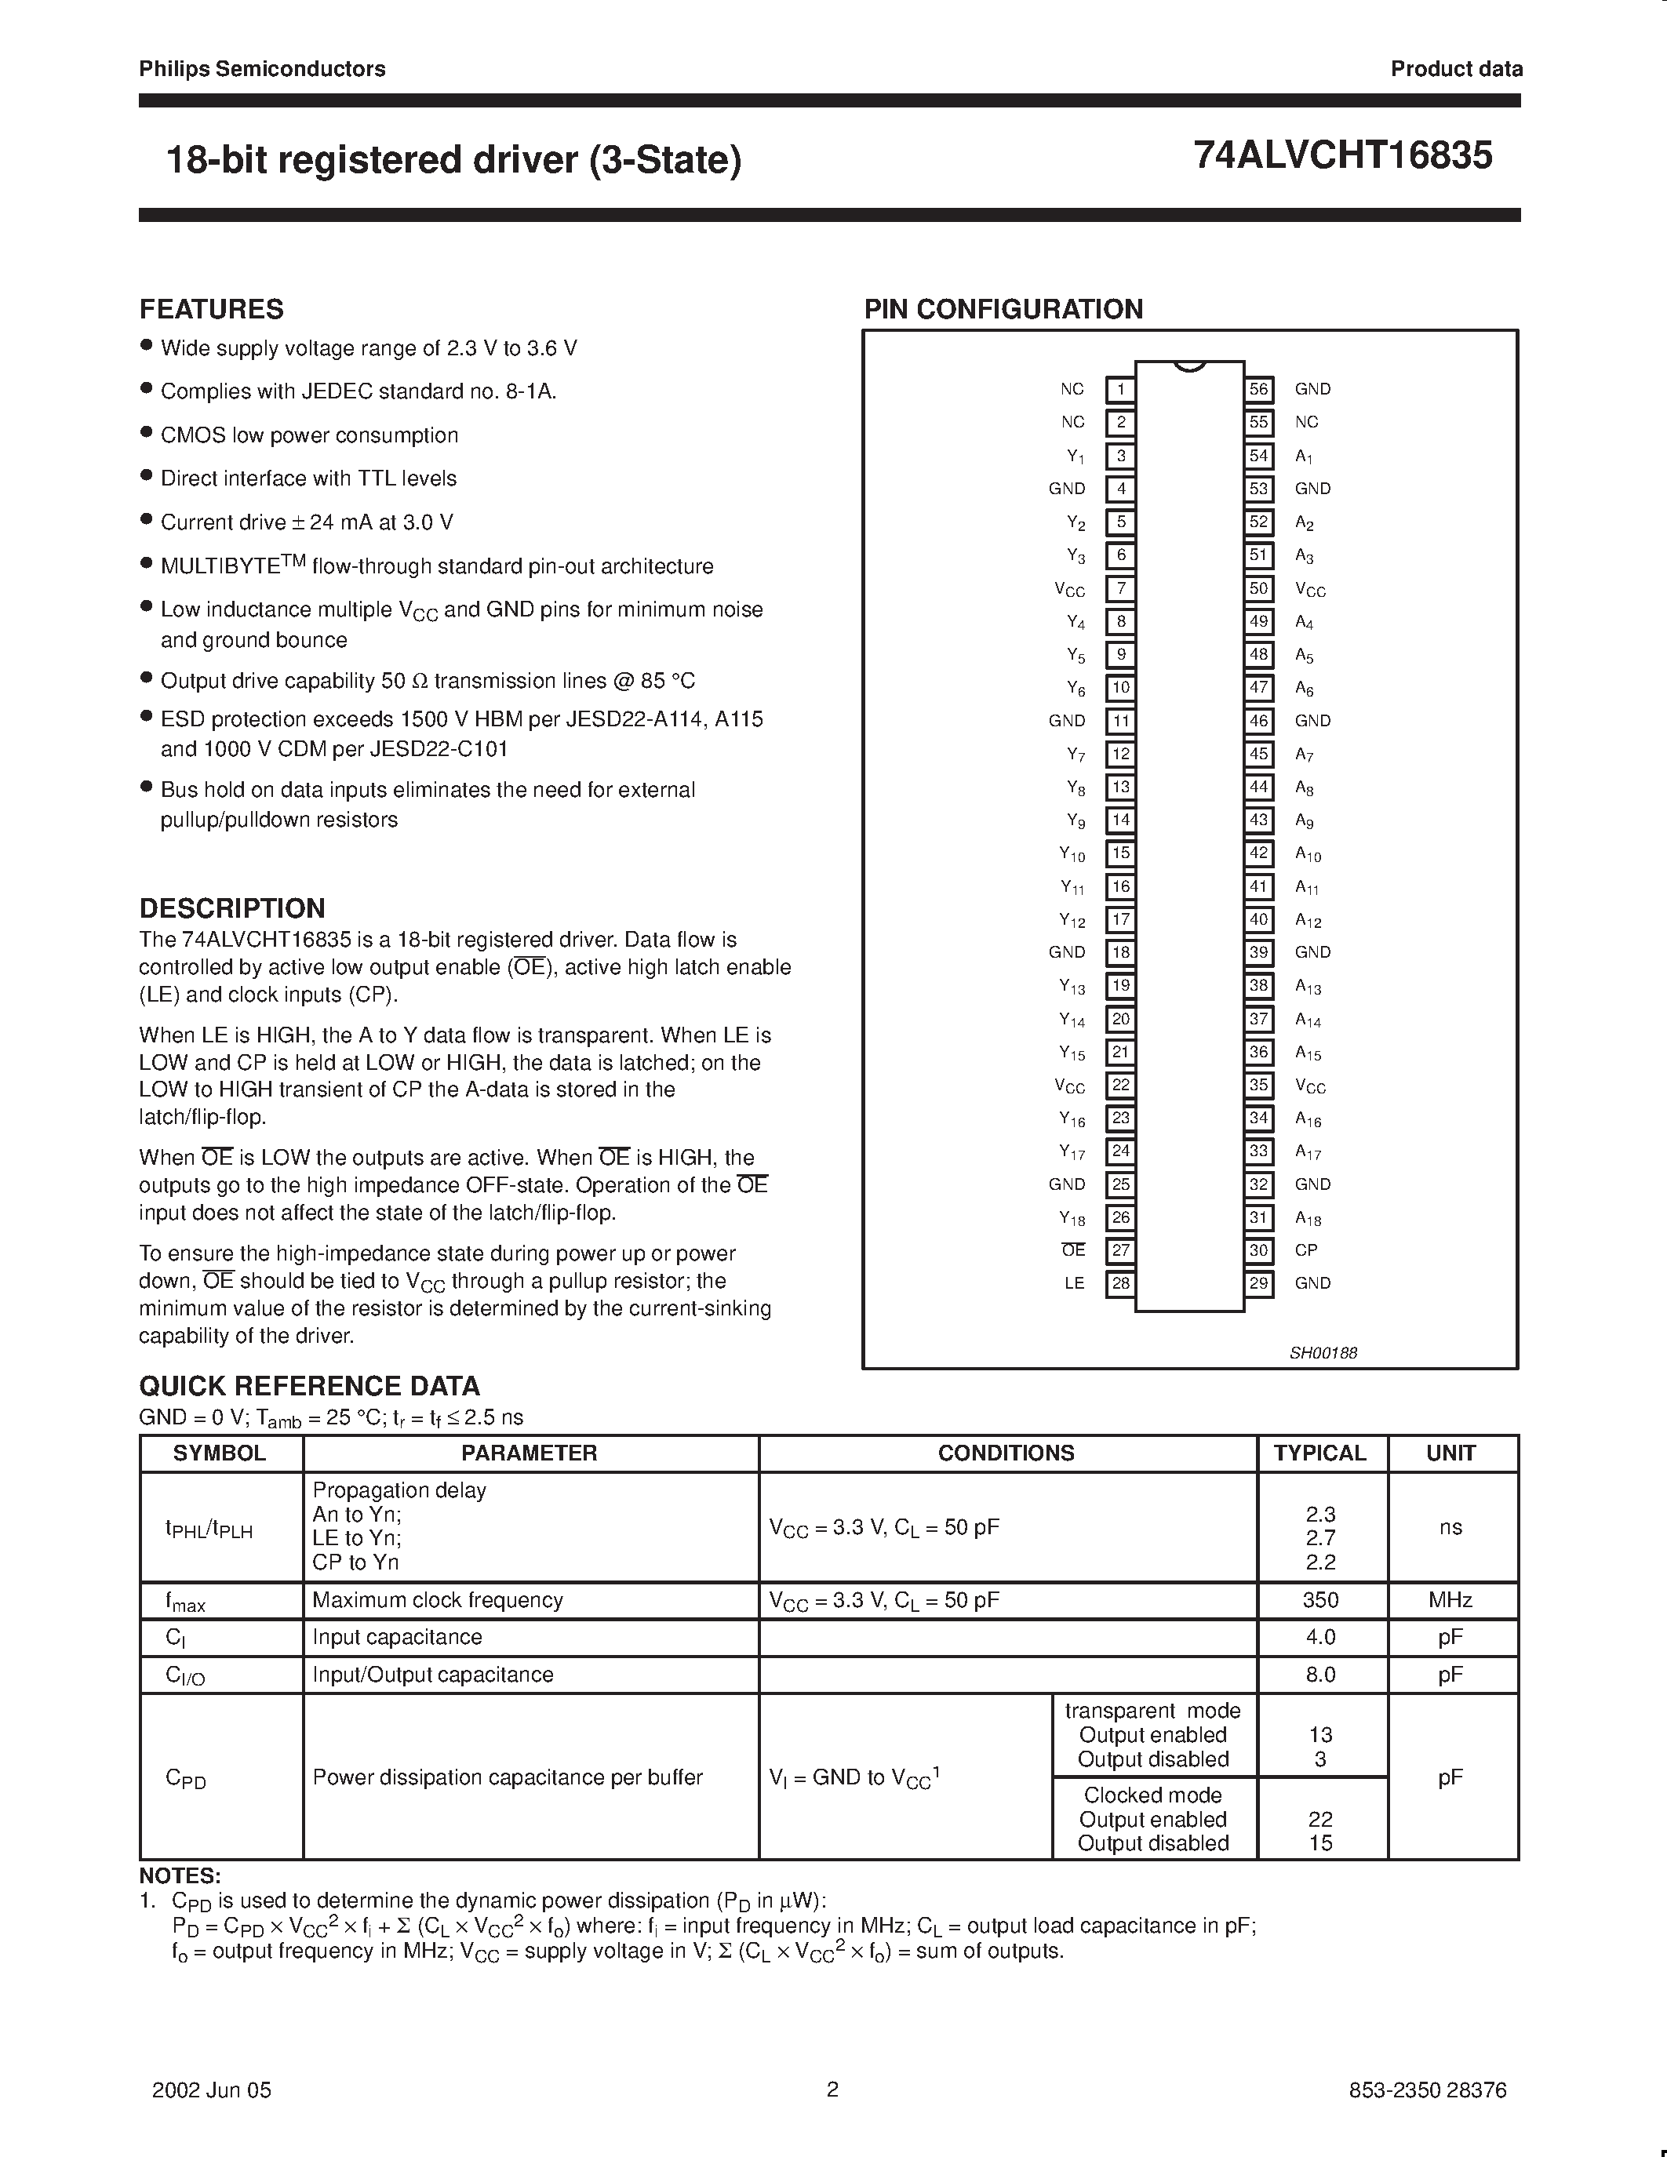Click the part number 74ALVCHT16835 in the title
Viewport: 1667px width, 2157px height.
[x=1342, y=156]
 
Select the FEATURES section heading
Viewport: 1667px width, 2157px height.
[x=211, y=309]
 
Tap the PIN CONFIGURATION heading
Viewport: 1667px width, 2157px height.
[x=1003, y=309]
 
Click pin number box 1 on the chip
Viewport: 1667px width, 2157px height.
[x=1120, y=389]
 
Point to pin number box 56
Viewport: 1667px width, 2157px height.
[x=1258, y=389]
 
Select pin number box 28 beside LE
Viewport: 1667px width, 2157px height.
[x=1120, y=1283]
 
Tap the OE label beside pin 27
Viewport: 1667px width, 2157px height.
[x=1073, y=1250]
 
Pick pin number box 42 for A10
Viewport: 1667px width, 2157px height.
[x=1258, y=853]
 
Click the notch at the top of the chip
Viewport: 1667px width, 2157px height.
[x=1189, y=366]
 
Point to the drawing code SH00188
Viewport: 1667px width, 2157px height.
[x=1323, y=1353]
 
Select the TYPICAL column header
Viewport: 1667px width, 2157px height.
[x=1320, y=1453]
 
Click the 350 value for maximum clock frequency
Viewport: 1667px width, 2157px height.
[x=1320, y=1600]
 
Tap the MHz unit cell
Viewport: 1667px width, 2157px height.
[x=1450, y=1600]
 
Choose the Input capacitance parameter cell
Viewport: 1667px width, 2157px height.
[x=397, y=1638]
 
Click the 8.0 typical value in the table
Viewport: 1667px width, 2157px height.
[x=1320, y=1675]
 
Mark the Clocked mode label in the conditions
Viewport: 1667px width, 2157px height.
[x=1152, y=1795]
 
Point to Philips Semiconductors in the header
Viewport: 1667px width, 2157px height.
[x=262, y=69]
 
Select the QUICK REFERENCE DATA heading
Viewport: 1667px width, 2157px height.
[x=309, y=1386]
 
